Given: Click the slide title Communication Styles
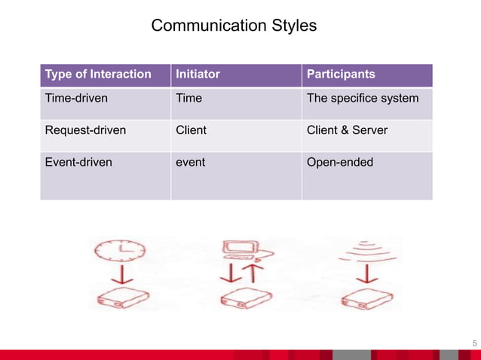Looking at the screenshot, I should point(234,26).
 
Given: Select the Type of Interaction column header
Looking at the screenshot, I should point(97,75).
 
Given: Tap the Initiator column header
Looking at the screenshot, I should point(198,75).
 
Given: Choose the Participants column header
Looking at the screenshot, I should point(341,75).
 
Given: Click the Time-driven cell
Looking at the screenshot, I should point(76,98).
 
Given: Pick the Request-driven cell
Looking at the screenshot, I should point(85,130).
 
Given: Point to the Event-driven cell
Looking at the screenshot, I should point(78,162).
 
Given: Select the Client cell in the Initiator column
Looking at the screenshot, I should point(191,130).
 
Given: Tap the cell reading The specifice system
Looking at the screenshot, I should point(362,98).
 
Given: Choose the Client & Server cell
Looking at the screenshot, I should point(347,130).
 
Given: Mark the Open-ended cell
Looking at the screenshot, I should point(339,162).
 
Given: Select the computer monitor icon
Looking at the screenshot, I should point(240,250).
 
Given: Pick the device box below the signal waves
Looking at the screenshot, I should point(366,299).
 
